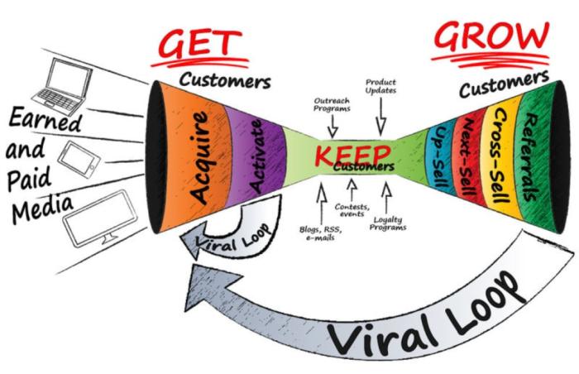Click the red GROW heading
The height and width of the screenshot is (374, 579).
point(490,40)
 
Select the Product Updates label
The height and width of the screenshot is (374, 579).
point(382,88)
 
